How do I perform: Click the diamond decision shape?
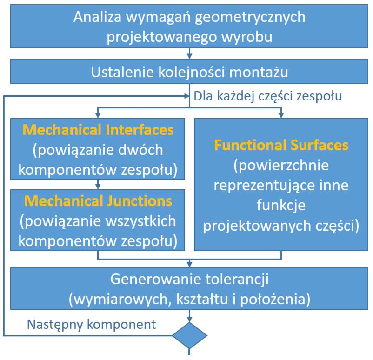[x=189, y=335]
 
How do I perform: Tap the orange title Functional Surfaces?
[x=281, y=145]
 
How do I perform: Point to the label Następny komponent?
[x=92, y=324]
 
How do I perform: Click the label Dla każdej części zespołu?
[x=268, y=96]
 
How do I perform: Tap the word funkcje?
[x=281, y=205]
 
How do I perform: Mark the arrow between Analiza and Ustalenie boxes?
[x=189, y=54]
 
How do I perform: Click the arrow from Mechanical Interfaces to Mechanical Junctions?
[x=98, y=185]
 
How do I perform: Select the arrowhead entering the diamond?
[x=189, y=318]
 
